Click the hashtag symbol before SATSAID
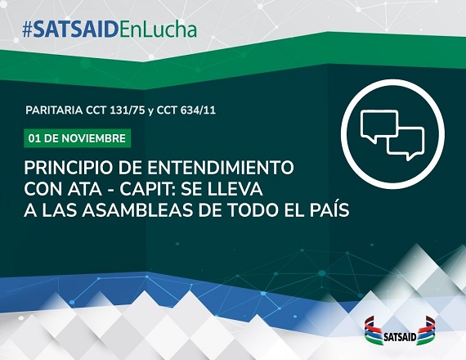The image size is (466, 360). click(27, 30)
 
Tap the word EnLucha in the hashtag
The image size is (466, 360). click(158, 29)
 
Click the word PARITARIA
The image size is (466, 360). click(54, 110)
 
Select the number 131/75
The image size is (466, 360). click(128, 110)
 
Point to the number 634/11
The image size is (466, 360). click(198, 110)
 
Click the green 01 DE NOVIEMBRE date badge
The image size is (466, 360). click(78, 138)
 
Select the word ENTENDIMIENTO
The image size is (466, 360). click(221, 168)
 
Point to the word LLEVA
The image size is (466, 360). click(235, 190)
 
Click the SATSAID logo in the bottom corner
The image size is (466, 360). click(400, 331)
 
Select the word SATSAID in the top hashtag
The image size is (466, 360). click(76, 30)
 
